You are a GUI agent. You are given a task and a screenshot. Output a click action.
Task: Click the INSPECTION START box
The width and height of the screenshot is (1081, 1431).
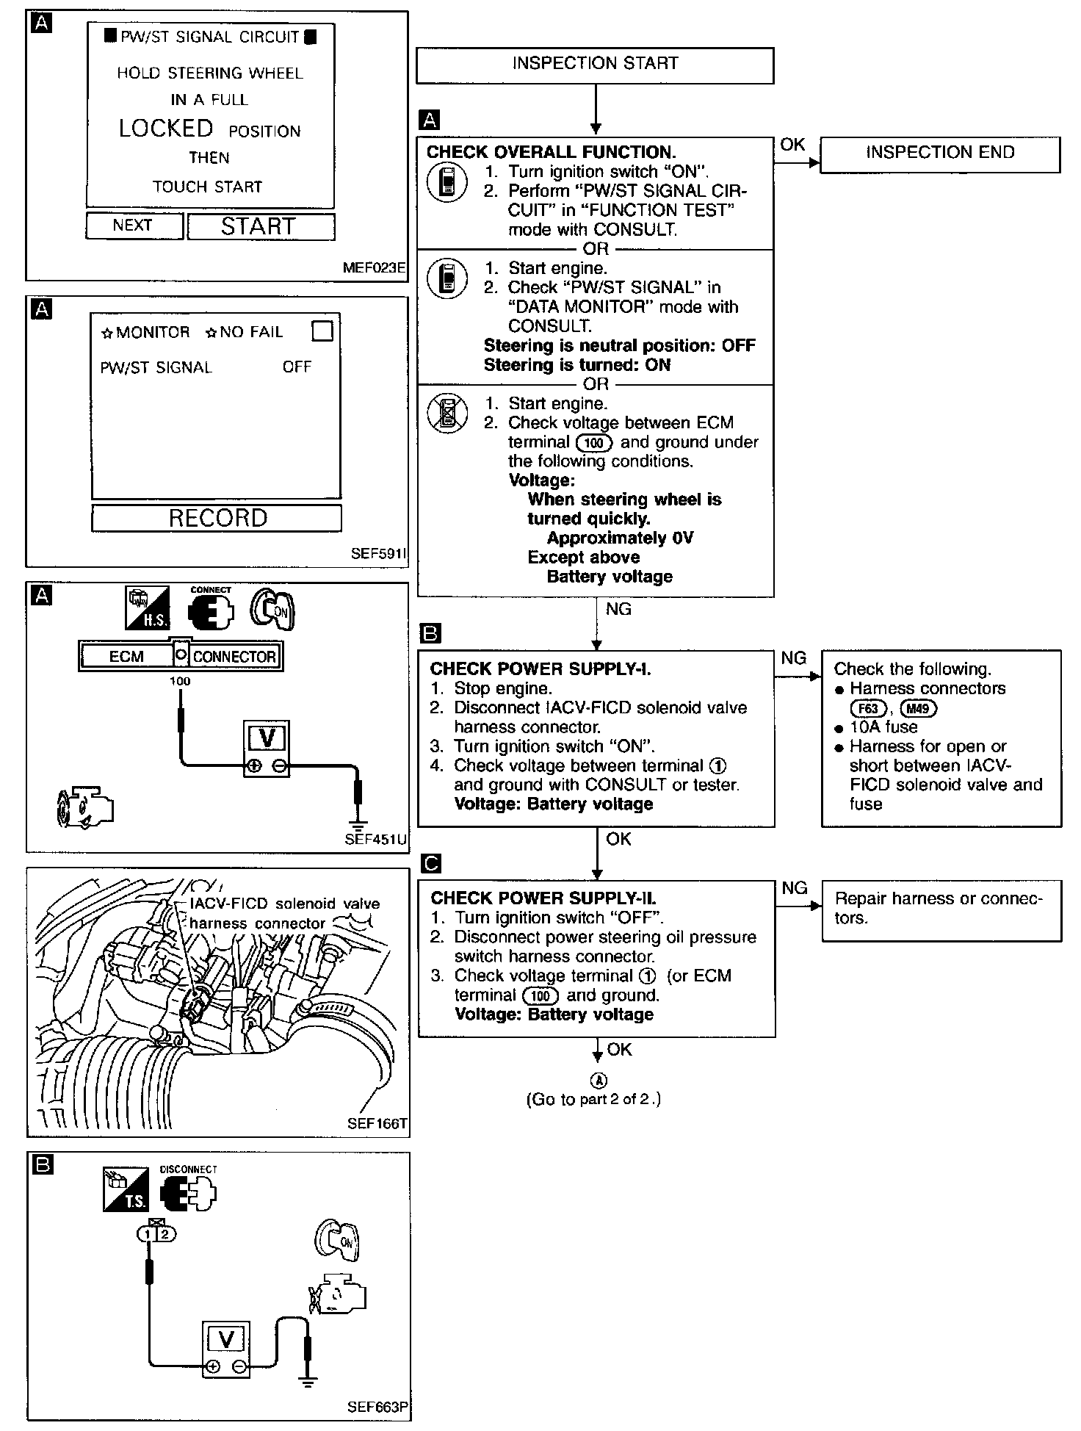tap(595, 65)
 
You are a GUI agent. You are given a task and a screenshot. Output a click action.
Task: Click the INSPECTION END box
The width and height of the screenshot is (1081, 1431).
tap(939, 154)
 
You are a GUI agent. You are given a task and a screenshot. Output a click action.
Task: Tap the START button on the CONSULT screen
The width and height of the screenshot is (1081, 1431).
tap(261, 226)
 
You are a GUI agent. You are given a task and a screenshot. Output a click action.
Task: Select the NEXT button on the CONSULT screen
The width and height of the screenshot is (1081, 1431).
tap(133, 226)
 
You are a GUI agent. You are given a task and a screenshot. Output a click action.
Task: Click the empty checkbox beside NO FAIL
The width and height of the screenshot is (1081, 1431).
tap(322, 331)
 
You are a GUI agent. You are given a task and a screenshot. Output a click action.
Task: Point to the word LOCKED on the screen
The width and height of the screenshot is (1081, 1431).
tap(166, 129)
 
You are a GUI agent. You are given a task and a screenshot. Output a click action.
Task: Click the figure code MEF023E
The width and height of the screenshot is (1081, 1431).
tap(374, 268)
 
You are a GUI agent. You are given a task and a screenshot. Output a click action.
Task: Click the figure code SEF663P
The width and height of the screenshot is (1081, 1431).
tap(377, 1407)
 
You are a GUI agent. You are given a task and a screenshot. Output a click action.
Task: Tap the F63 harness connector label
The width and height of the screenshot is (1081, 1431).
tap(868, 709)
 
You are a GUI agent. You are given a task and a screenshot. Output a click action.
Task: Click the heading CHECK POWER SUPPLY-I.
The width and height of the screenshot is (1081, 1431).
tap(540, 669)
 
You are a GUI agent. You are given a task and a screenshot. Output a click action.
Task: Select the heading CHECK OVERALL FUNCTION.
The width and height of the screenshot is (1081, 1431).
tap(551, 153)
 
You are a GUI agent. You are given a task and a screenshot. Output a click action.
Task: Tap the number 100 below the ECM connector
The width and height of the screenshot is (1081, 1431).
tap(180, 681)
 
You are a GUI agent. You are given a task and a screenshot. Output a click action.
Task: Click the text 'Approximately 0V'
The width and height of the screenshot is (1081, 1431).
tap(620, 538)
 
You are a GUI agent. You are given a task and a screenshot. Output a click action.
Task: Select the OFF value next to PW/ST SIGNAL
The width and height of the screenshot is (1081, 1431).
tap(297, 367)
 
